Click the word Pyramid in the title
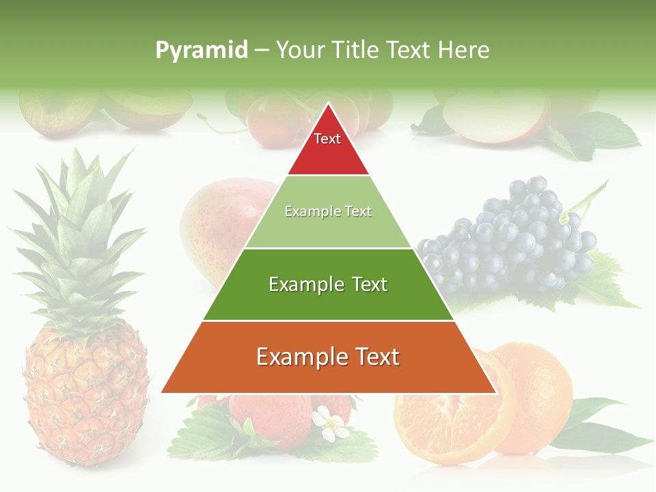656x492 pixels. point(201,51)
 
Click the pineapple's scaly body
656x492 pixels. point(85,396)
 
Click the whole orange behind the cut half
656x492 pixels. point(540,389)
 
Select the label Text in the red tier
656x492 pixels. point(327,139)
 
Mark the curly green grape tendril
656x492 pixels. point(564,217)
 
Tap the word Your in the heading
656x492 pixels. point(300,51)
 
